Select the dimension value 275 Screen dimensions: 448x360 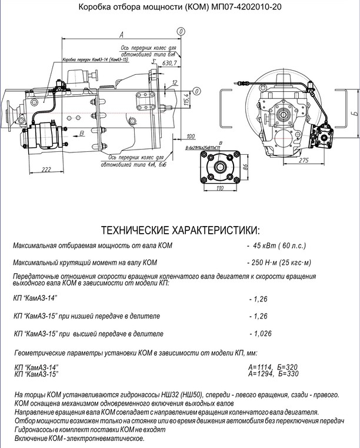304,160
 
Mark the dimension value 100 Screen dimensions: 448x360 191,136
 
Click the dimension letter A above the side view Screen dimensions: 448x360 119,34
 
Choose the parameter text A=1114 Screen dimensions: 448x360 261,367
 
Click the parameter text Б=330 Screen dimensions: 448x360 289,373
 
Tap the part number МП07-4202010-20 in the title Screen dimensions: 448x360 238,8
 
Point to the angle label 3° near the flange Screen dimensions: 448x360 153,61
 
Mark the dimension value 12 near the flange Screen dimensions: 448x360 175,83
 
